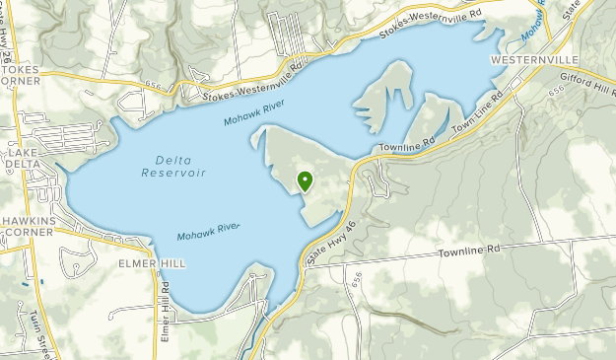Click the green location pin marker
click(x=305, y=180)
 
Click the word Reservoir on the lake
click(x=172, y=174)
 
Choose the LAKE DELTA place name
click(x=22, y=158)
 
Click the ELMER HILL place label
click(x=151, y=263)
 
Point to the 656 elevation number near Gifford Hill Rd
click(x=557, y=89)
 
